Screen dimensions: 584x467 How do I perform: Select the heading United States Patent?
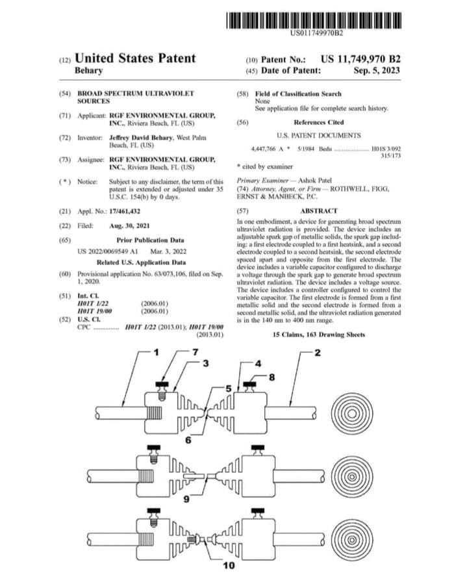tap(135, 58)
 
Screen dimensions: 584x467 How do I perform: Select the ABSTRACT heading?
tap(318, 211)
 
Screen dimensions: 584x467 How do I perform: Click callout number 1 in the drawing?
tap(156, 353)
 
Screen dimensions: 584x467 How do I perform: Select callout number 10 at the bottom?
tap(229, 566)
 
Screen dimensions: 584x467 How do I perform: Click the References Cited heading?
tap(318, 121)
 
